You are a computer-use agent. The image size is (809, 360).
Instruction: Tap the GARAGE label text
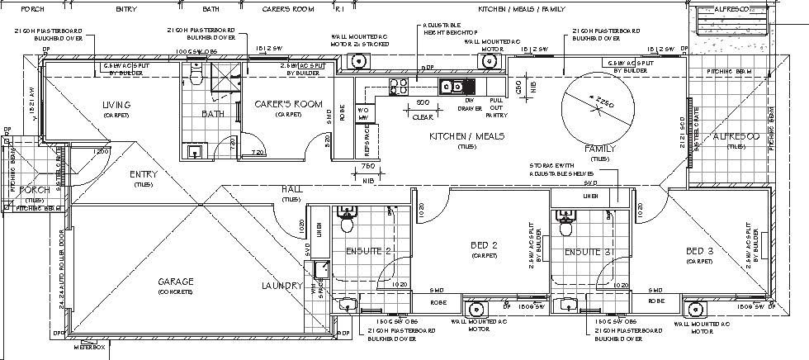click(x=175, y=282)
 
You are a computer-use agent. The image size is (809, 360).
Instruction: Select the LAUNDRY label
click(x=282, y=286)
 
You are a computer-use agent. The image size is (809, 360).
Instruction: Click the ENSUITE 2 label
click(x=367, y=251)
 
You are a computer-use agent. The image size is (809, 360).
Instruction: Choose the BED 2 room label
click(x=483, y=245)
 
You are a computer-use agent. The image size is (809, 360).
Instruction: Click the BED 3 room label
click(x=698, y=250)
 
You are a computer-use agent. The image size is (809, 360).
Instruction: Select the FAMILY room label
click(x=599, y=149)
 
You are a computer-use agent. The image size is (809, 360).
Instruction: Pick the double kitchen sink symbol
click(x=451, y=84)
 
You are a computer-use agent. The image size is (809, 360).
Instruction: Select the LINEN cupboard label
click(x=590, y=196)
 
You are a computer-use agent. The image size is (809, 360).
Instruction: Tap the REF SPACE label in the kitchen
click(x=366, y=148)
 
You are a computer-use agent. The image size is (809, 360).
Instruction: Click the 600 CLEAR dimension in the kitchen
click(x=422, y=109)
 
